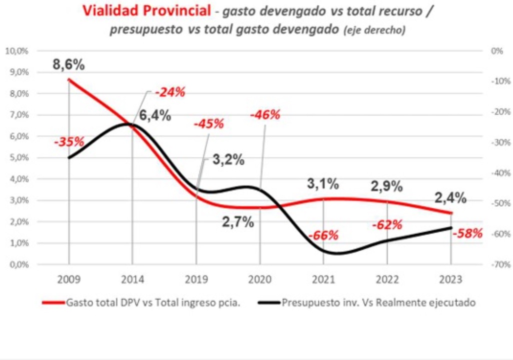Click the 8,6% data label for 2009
[x=69, y=64]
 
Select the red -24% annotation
[x=170, y=92]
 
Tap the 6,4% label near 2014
[x=155, y=116]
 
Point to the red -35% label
[x=69, y=142]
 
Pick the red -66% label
[x=323, y=235]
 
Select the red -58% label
[x=468, y=233]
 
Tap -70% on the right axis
[x=500, y=264]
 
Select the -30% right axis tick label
[x=500, y=142]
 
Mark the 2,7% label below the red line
[x=238, y=222]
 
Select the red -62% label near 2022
[x=387, y=224]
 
